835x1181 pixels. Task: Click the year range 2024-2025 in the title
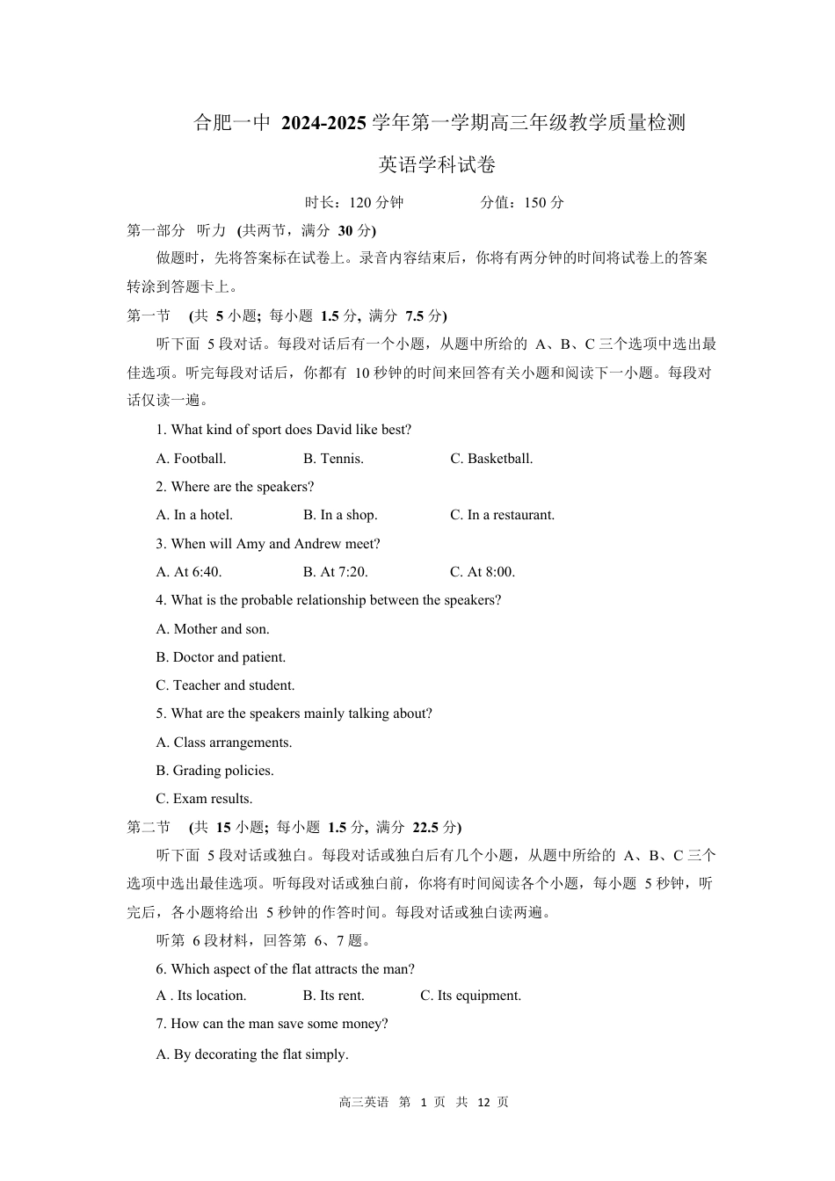coord(323,123)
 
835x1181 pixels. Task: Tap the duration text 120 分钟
coord(376,203)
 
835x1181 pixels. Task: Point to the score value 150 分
coord(544,203)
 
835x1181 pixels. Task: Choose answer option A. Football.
coord(191,459)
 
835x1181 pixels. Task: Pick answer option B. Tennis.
coord(333,459)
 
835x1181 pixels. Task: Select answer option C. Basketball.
coord(491,459)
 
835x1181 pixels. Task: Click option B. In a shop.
coord(340,515)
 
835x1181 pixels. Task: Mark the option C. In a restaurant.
coord(502,515)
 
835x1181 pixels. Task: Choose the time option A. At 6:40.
coord(189,572)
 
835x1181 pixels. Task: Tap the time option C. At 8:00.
coord(483,572)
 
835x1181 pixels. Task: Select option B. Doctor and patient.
coord(221,657)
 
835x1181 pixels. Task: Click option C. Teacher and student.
coord(225,685)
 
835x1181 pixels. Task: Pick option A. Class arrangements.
coord(224,743)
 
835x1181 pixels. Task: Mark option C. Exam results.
coord(204,799)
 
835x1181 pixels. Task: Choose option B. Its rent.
coord(333,996)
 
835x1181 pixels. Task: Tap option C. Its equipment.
coord(470,996)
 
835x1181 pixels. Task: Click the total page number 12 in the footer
coord(483,1102)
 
